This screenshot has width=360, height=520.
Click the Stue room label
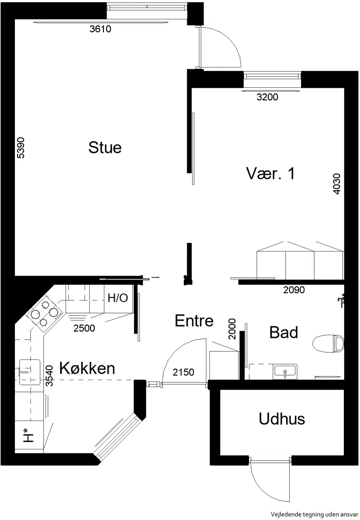[105, 147]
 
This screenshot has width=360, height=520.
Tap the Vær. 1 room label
[270, 173]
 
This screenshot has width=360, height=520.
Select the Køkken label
[87, 368]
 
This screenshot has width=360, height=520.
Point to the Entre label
[194, 321]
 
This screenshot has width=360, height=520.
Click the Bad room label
[283, 332]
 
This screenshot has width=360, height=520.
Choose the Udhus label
[282, 419]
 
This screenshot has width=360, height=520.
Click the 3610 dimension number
[100, 29]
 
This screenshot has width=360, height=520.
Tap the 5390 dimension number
[21, 148]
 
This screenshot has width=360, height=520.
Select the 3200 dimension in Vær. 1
[267, 97]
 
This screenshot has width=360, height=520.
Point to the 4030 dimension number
[337, 184]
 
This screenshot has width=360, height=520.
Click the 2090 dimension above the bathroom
[294, 290]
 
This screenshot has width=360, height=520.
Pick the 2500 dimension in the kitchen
[84, 328]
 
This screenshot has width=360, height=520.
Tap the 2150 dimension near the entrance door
[184, 372]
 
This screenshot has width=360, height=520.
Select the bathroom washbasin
[285, 372]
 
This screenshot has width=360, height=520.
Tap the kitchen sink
[30, 372]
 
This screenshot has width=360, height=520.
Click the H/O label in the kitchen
[118, 298]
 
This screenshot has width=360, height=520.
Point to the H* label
[30, 435]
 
